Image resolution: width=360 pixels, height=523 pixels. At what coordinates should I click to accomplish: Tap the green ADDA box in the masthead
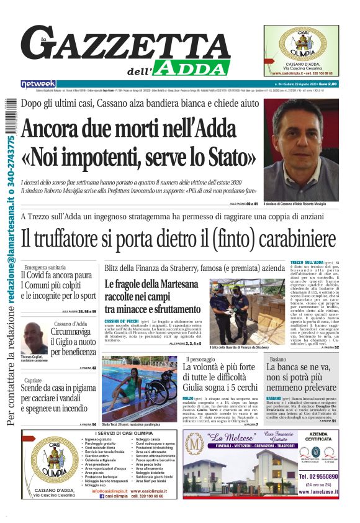[193, 67]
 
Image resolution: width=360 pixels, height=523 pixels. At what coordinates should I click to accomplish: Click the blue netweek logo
[38, 84]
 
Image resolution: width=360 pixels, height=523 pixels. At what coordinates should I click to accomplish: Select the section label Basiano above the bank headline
[278, 359]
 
